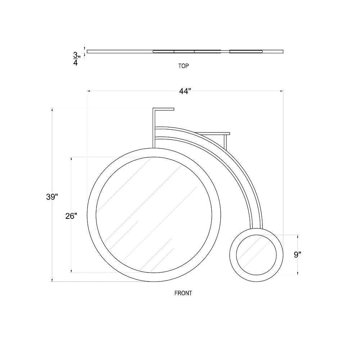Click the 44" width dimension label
pos(185,91)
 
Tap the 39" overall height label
pos(52,197)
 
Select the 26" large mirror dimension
pos(71,216)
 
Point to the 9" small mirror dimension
pos(298,255)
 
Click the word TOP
pos(184,66)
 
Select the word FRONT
pos(183,293)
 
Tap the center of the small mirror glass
pos(256,255)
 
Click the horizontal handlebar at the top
pos(163,109)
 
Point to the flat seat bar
pos(212,134)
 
